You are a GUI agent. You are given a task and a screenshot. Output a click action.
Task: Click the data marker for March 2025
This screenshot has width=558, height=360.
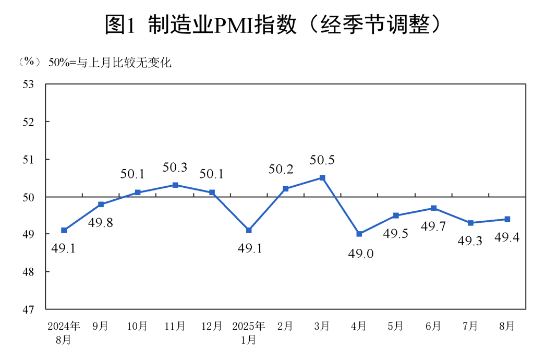point(322,178)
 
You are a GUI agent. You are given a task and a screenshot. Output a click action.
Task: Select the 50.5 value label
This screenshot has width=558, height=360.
point(322,160)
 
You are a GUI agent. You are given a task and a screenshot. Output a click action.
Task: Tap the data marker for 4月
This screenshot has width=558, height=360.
point(359,234)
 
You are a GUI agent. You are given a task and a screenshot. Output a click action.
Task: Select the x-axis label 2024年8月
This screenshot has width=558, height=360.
point(64,333)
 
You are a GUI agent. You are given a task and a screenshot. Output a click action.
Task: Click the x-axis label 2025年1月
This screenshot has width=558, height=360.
point(249,333)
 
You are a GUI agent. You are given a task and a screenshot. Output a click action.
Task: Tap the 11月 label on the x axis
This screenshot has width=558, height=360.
point(175,327)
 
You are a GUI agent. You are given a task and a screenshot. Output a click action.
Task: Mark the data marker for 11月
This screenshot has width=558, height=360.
point(175,185)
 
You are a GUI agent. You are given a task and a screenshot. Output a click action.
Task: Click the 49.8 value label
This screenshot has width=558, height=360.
point(101,223)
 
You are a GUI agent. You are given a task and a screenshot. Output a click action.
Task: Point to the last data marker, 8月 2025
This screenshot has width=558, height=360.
point(507,219)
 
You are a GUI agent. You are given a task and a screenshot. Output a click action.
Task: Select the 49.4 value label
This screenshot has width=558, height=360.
point(507,238)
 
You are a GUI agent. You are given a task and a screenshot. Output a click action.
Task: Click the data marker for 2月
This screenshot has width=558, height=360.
point(286,189)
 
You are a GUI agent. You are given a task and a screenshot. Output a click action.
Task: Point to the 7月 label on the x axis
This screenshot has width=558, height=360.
point(470,327)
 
